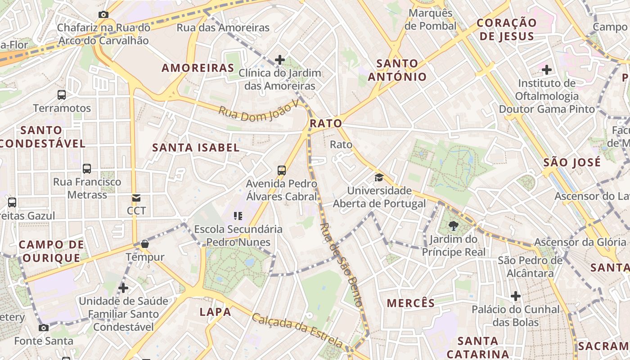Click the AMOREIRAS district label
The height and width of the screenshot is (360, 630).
coord(198,68)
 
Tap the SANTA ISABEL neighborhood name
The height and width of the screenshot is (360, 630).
coord(196,148)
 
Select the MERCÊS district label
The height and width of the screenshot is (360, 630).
coord(411,303)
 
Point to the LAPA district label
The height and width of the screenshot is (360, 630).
coord(215,311)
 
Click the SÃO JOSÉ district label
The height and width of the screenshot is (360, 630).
coord(572,162)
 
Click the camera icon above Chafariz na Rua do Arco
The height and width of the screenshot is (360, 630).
coord(103,14)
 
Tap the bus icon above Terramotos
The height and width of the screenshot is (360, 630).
coord(62,95)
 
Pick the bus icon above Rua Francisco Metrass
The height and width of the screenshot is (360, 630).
coord(87,169)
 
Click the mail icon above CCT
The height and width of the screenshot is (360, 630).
coord(136,198)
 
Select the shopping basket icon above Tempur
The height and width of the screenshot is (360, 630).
coord(145,244)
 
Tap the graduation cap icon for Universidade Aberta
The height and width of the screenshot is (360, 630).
coord(379,177)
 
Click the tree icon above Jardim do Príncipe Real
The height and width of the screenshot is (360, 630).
coord(453,226)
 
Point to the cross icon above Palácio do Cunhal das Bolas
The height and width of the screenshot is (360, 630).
coord(516,296)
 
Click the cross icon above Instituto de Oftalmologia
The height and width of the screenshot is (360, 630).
coord(547,70)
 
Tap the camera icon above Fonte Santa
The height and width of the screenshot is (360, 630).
coord(44,328)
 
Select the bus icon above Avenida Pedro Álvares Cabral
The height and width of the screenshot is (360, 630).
coord(282,171)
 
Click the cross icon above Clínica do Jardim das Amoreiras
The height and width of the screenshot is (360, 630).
coord(280,59)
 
